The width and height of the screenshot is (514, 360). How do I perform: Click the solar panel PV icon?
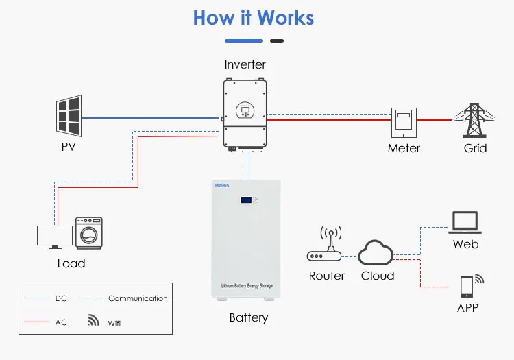69,116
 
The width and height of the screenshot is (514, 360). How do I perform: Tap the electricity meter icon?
404,123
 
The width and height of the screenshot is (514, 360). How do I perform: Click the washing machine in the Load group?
89,234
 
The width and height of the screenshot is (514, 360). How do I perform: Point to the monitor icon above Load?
54,237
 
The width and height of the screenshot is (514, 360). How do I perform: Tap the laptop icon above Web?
465,222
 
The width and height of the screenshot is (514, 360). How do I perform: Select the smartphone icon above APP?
467,285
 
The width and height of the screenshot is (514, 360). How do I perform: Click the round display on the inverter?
245,109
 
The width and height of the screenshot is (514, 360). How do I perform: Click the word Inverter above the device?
245,65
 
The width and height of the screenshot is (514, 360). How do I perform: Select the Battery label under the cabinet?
248,317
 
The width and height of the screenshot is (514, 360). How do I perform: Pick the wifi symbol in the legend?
93,320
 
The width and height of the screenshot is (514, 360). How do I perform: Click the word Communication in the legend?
138,298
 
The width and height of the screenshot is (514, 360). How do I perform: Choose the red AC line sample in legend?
36,322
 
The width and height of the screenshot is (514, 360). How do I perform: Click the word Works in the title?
282,17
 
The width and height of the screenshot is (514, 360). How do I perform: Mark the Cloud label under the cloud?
378,276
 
